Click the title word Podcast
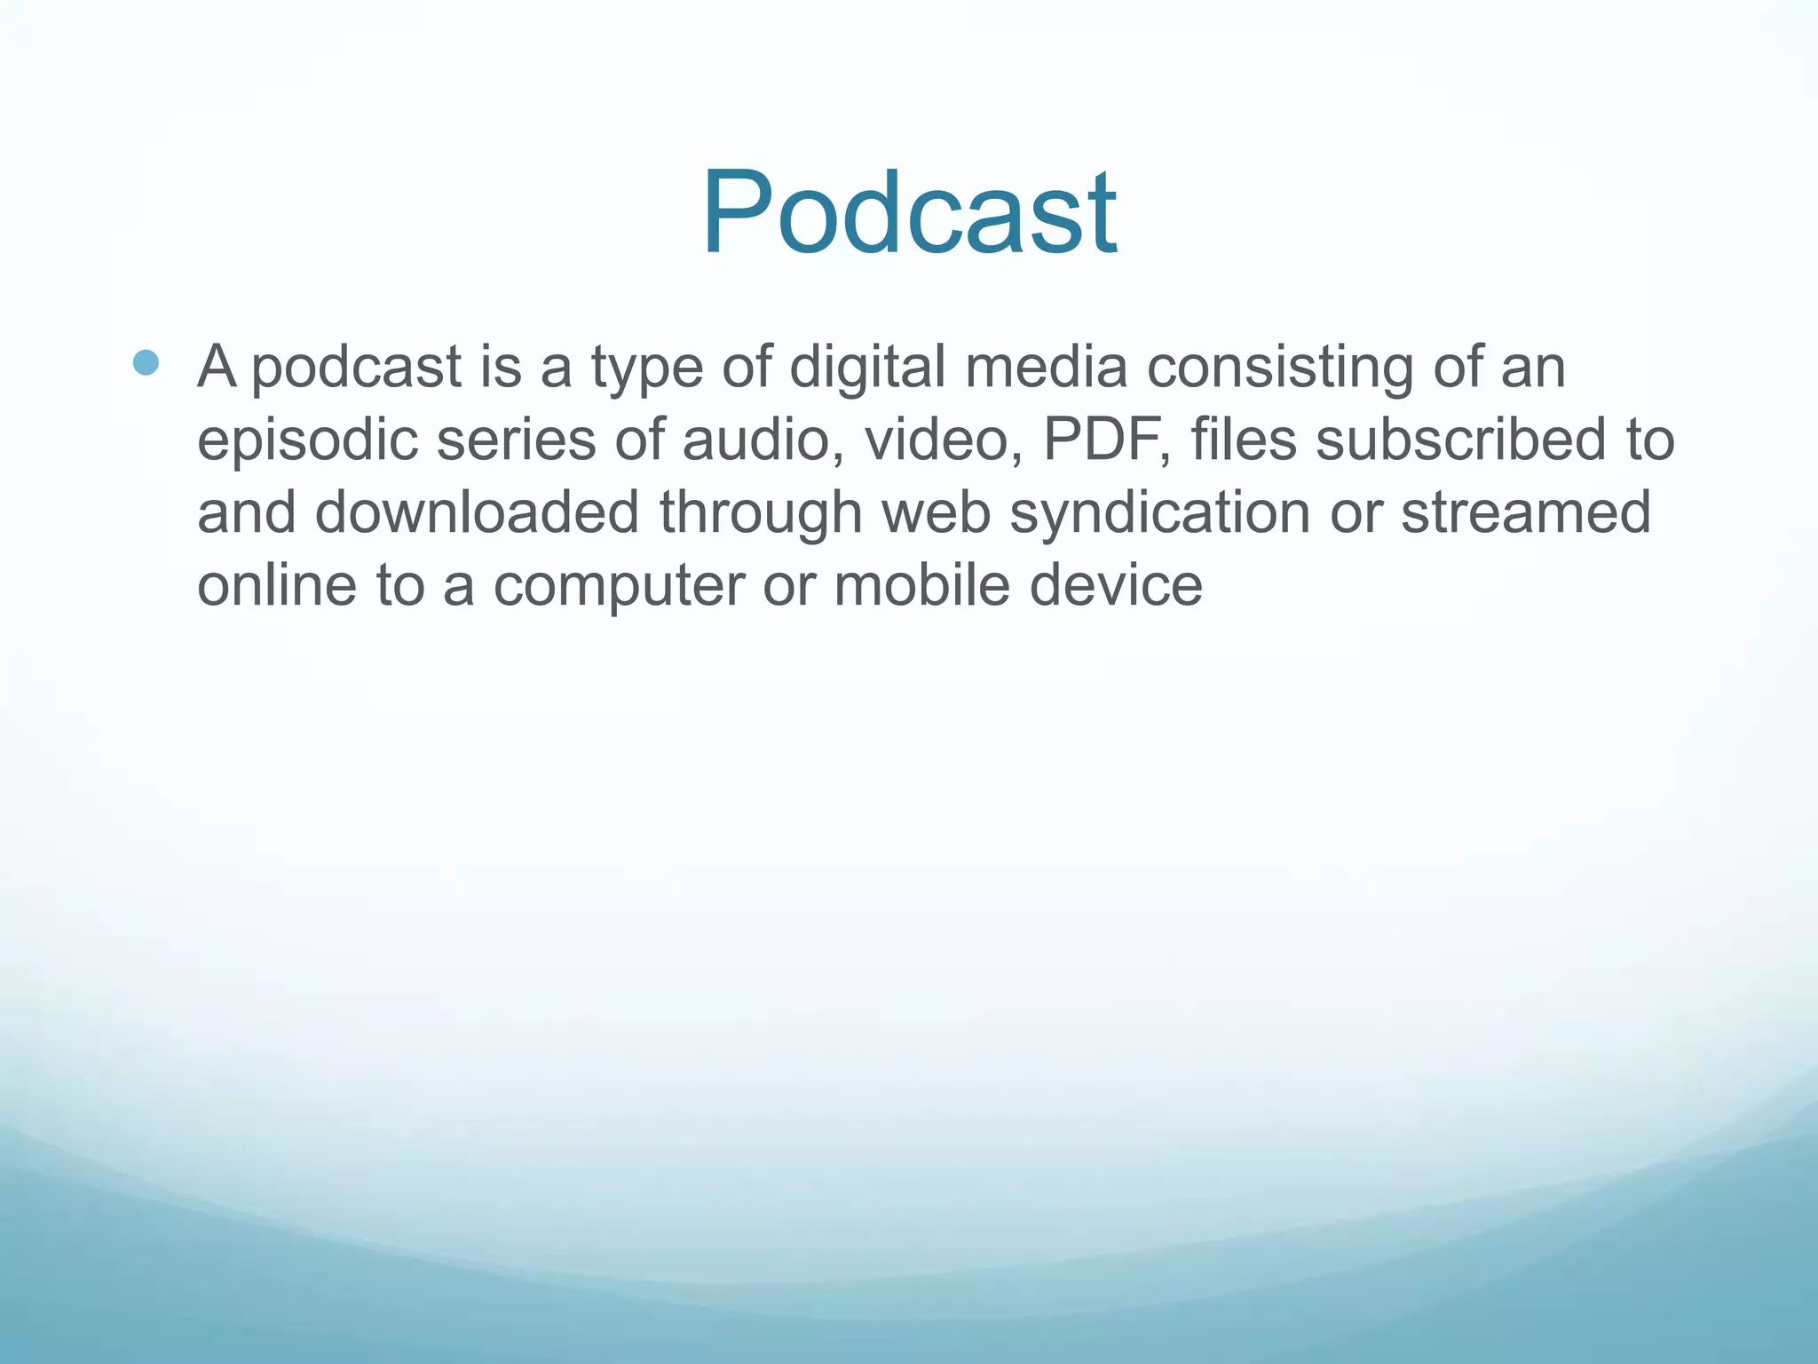click(909, 213)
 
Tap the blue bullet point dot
click(146, 362)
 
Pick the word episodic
click(307, 440)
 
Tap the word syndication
click(1159, 514)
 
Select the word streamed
click(1526, 512)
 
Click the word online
click(276, 585)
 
